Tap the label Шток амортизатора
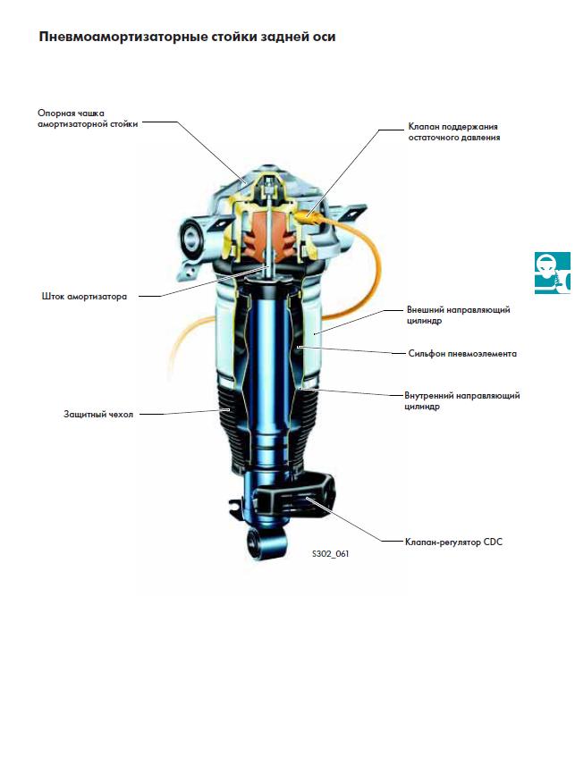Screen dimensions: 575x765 pos(84,296)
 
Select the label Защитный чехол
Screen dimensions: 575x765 pos(98,414)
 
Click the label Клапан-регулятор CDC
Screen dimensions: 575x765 pos(453,542)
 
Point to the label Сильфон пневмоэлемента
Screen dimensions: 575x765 pos(462,353)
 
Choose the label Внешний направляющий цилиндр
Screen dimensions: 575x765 pos(459,315)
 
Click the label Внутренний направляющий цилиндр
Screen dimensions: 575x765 pos(462,400)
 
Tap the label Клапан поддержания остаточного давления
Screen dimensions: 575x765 pos(454,131)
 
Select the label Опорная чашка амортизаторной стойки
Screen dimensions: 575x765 pos(88,119)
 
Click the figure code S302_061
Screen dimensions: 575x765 pos(331,554)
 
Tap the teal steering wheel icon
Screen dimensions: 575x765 pos(552,273)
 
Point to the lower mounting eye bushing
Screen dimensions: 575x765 pos(258,543)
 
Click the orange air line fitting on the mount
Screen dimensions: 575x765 pos(308,215)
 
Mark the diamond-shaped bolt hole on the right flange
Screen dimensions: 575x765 pos(352,214)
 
